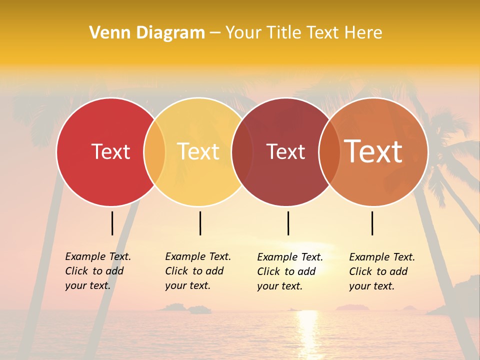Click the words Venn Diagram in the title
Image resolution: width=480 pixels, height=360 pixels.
tap(147, 33)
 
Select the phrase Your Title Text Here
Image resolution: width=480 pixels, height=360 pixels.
tap(303, 33)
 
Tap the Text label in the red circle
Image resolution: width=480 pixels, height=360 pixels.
tap(110, 151)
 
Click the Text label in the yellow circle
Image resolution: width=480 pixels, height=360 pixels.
tap(198, 151)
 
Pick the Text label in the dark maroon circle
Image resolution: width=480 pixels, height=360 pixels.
tap(285, 151)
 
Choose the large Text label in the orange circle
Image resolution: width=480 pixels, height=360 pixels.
tap(373, 151)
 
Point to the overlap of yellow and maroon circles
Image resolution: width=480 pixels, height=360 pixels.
tap(242, 151)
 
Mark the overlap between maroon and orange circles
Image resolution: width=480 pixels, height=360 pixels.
tap(328, 151)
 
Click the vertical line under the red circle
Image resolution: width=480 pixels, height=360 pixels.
tap(112, 223)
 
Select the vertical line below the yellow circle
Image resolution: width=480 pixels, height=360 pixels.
tap(200, 223)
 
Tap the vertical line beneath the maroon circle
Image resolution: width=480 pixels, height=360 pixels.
tap(288, 223)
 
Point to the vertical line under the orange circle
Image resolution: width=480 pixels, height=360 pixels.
tap(372, 223)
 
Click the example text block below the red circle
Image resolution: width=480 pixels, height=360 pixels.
tap(97, 271)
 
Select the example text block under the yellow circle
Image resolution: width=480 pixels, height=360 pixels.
tap(197, 271)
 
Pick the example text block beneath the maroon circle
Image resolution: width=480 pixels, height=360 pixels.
tap(289, 271)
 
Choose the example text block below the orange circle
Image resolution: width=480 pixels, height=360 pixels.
tap(381, 271)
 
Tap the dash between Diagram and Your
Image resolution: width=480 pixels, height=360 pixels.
tap(215, 33)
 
